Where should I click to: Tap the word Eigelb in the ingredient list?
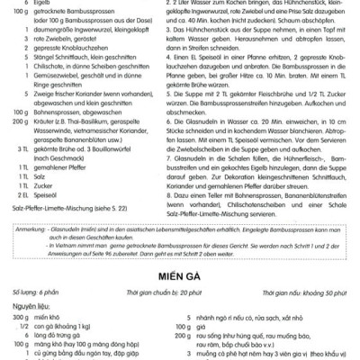(42, 4)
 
